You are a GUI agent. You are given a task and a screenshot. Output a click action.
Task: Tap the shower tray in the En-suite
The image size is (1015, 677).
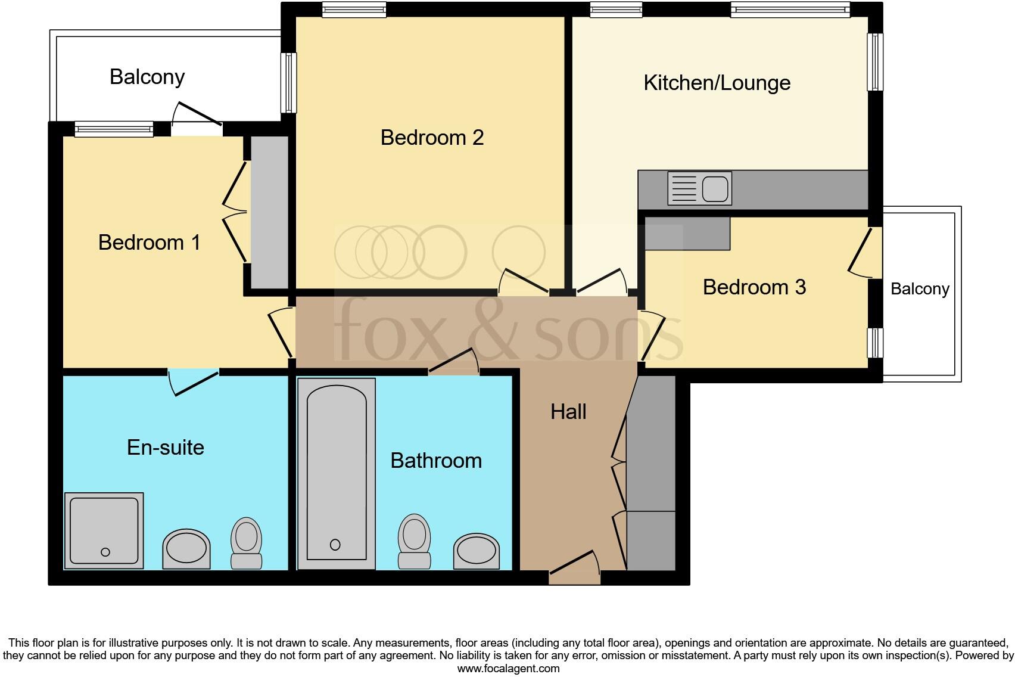pos(104,530)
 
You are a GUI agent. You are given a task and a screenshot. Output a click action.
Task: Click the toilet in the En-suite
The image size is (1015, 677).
pos(246,542)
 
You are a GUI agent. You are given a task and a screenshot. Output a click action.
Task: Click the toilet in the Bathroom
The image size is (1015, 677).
pos(415,541)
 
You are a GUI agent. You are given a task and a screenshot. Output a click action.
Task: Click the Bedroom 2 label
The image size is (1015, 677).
pos(432,138)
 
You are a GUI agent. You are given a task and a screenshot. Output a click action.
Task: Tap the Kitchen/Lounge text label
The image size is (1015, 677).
pos(717,83)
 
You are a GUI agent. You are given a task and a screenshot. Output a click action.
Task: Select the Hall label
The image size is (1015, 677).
pos(568,412)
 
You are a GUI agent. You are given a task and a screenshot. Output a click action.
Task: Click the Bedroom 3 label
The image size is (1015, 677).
pos(754,287)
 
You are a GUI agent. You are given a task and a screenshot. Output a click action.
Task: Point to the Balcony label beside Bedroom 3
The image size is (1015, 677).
pos(919,289)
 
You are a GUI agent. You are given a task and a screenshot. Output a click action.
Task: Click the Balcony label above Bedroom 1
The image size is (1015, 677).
pos(147,77)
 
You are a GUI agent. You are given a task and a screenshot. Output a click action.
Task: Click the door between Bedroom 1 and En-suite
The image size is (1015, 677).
pos(194,381)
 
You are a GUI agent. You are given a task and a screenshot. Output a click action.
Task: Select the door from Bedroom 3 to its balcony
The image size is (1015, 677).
pos(861,253)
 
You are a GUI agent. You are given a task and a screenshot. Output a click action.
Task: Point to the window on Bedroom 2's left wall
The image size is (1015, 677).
pos(289,83)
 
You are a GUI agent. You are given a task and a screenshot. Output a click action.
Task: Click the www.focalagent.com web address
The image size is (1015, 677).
pos(508,668)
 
